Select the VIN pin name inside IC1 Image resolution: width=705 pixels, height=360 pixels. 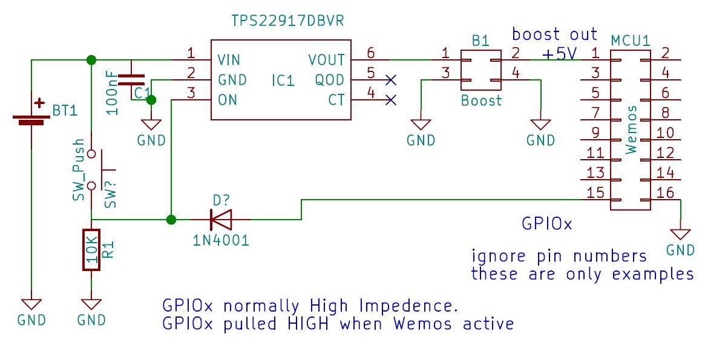229,60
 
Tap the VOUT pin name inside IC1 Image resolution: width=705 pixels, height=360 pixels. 326,60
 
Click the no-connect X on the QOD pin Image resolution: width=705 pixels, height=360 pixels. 391,79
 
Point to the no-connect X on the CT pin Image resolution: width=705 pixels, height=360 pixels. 391,100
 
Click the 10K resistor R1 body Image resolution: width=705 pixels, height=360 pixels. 91,249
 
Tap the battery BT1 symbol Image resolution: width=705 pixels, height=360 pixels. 31,115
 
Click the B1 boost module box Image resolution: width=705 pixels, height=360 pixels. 480,70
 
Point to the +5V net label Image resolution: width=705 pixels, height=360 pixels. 559,54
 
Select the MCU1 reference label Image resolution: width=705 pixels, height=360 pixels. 630,41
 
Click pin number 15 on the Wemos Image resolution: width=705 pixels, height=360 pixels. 595,193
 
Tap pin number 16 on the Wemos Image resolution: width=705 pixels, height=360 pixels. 665,193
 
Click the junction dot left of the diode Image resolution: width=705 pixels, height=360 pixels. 172,219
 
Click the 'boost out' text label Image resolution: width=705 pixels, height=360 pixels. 555,34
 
